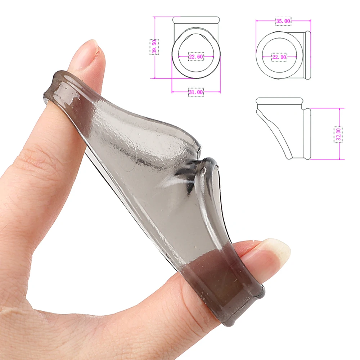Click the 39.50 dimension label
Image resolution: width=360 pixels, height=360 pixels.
pyautogui.click(x=154, y=47)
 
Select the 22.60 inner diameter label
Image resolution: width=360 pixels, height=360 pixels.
pyautogui.click(x=196, y=57)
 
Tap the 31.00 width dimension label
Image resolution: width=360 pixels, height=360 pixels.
pyautogui.click(x=196, y=92)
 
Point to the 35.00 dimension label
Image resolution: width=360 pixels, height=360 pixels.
pyautogui.click(x=283, y=21)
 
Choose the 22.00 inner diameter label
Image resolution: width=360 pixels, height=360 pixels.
pyautogui.click(x=279, y=57)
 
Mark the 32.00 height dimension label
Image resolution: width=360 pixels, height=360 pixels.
pyautogui.click(x=338, y=134)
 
